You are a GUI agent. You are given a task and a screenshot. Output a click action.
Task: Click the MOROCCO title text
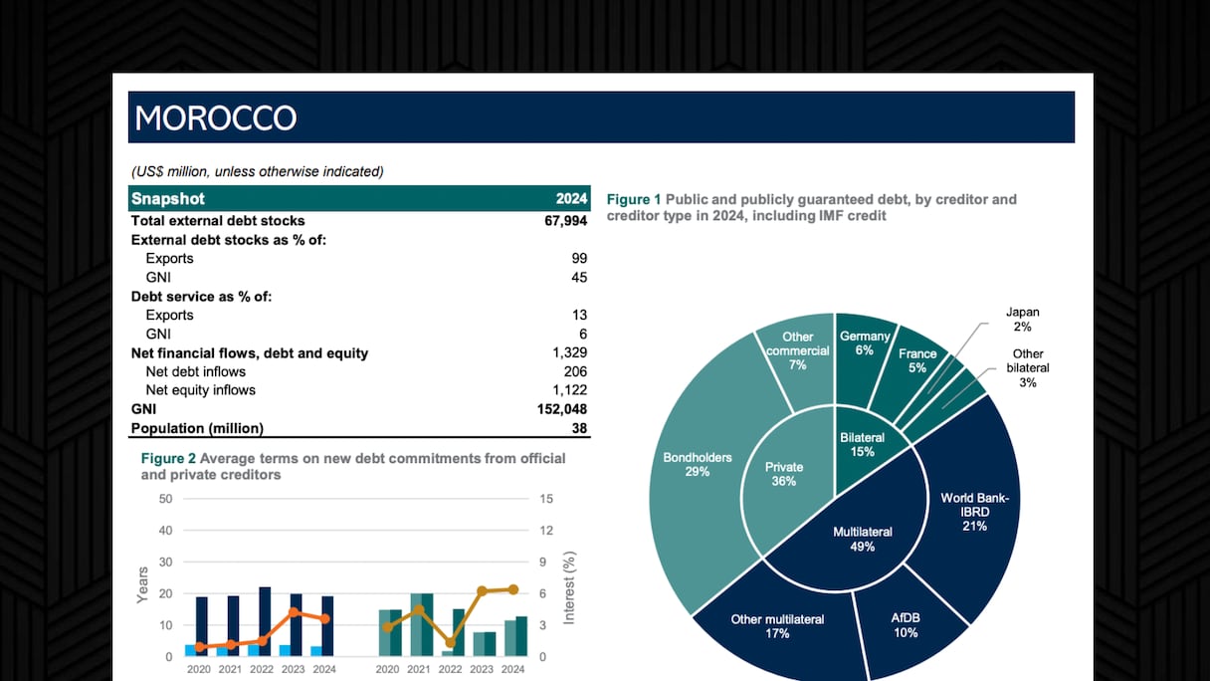click(x=216, y=117)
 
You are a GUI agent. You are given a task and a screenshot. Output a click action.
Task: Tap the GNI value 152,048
click(x=561, y=409)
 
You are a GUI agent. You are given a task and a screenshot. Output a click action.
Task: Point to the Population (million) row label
click(x=197, y=428)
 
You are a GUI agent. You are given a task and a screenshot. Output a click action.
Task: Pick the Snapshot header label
click(x=168, y=199)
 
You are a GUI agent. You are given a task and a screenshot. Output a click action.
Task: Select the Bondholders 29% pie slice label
click(x=698, y=465)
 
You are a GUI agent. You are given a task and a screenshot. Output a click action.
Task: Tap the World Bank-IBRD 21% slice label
click(x=974, y=512)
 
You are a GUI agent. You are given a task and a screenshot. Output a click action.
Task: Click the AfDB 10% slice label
click(x=906, y=625)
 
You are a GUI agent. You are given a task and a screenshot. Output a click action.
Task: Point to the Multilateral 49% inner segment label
click(x=862, y=539)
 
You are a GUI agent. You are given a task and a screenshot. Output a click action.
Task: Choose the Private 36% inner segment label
click(x=784, y=474)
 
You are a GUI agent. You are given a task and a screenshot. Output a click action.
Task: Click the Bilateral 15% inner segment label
click(x=862, y=444)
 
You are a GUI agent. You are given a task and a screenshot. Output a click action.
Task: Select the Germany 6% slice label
click(x=864, y=343)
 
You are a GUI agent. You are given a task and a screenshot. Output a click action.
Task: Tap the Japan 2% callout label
click(x=1023, y=320)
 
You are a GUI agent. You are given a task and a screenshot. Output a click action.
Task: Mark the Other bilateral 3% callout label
click(x=1028, y=367)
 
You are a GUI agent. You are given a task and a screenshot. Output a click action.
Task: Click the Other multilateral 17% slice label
click(x=778, y=626)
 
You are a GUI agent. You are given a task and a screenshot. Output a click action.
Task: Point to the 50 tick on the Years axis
click(x=165, y=499)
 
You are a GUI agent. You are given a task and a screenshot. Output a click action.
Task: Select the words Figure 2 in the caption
click(x=168, y=458)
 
